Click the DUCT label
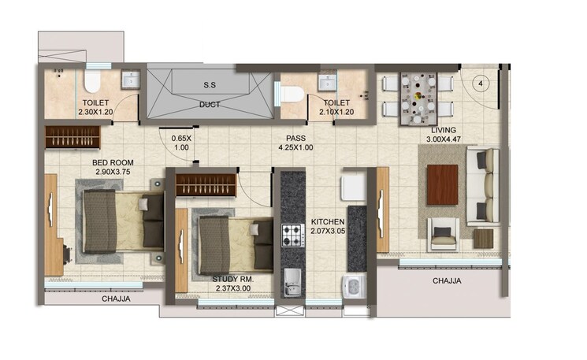click(x=209, y=105)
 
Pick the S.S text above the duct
click(x=210, y=84)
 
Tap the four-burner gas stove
click(x=292, y=235)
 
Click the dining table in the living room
click(x=418, y=98)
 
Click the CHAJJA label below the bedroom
click(x=116, y=299)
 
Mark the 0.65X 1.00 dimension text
click(x=181, y=143)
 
